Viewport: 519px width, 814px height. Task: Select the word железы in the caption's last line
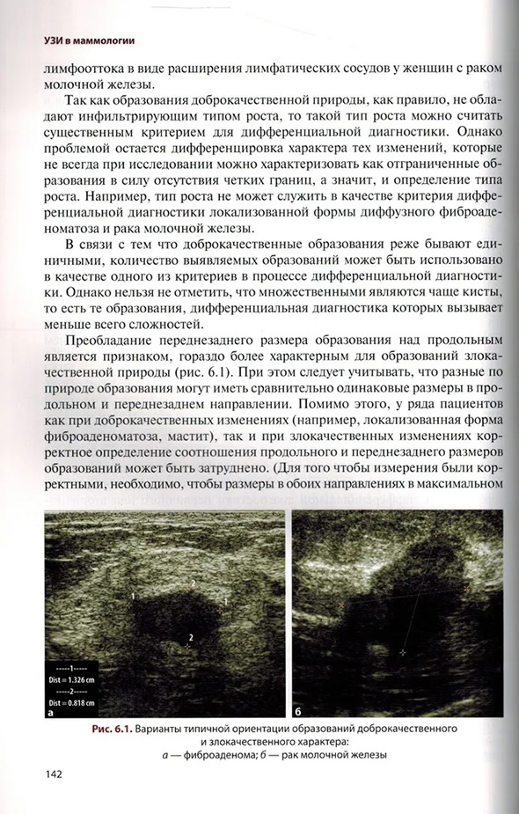tap(361, 754)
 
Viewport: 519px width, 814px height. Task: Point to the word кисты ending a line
tap(483, 290)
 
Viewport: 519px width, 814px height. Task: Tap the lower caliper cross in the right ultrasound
tap(402, 652)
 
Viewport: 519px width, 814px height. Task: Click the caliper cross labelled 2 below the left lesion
tap(188, 646)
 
